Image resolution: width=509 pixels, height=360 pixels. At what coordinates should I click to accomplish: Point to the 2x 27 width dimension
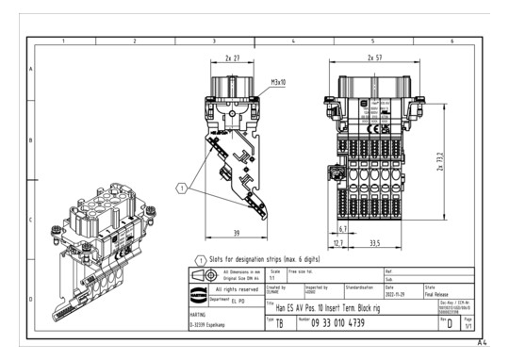pyautogui.click(x=232, y=58)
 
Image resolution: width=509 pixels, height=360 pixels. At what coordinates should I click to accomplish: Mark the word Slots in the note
pyautogui.click(x=221, y=257)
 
